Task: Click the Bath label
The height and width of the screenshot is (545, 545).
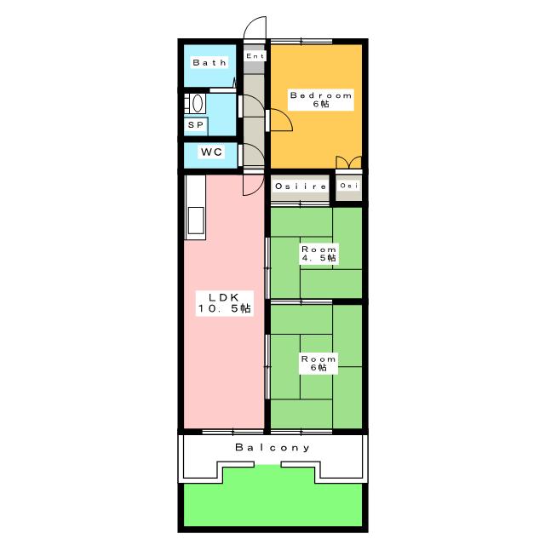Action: click(209, 62)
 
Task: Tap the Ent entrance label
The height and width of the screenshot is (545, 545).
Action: click(255, 56)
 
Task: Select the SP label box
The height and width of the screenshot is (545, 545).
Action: click(196, 125)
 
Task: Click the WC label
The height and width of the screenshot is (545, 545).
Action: click(211, 152)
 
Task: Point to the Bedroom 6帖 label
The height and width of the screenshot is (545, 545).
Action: click(321, 100)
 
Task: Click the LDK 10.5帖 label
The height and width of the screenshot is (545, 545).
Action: click(224, 303)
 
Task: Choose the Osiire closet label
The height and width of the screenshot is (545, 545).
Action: click(301, 186)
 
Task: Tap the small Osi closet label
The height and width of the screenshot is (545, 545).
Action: click(348, 186)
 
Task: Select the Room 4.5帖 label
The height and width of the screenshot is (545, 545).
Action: click(318, 254)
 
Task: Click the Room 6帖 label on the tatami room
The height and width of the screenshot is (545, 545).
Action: click(318, 364)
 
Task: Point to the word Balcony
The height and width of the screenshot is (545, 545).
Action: click(272, 447)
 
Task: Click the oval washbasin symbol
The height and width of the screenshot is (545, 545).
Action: click(198, 103)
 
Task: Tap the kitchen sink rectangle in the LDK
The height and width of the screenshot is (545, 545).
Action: click(196, 221)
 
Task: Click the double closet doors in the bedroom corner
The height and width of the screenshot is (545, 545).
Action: click(348, 163)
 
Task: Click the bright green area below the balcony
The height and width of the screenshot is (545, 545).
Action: click(272, 503)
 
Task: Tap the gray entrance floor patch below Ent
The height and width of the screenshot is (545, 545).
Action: click(254, 67)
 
